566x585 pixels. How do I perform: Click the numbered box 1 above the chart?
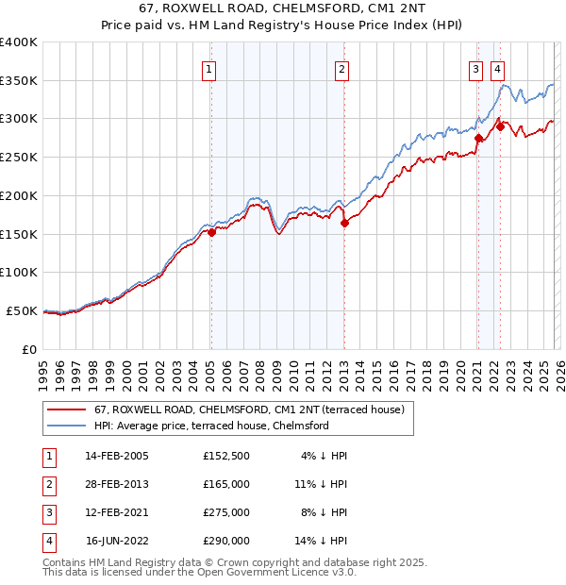pyautogui.click(x=208, y=68)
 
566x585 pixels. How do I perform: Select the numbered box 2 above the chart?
pyautogui.click(x=341, y=68)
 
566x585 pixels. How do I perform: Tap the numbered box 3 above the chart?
pyautogui.click(x=475, y=68)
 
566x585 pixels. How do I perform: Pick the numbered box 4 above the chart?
pyautogui.click(x=497, y=68)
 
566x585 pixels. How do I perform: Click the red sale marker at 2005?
pyautogui.click(x=211, y=232)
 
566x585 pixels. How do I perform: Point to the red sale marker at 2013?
pyautogui.click(x=344, y=223)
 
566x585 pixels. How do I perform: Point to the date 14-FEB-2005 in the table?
pyautogui.click(x=117, y=456)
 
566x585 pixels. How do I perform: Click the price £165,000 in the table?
pyautogui.click(x=226, y=484)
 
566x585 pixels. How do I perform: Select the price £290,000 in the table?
pyautogui.click(x=226, y=541)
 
